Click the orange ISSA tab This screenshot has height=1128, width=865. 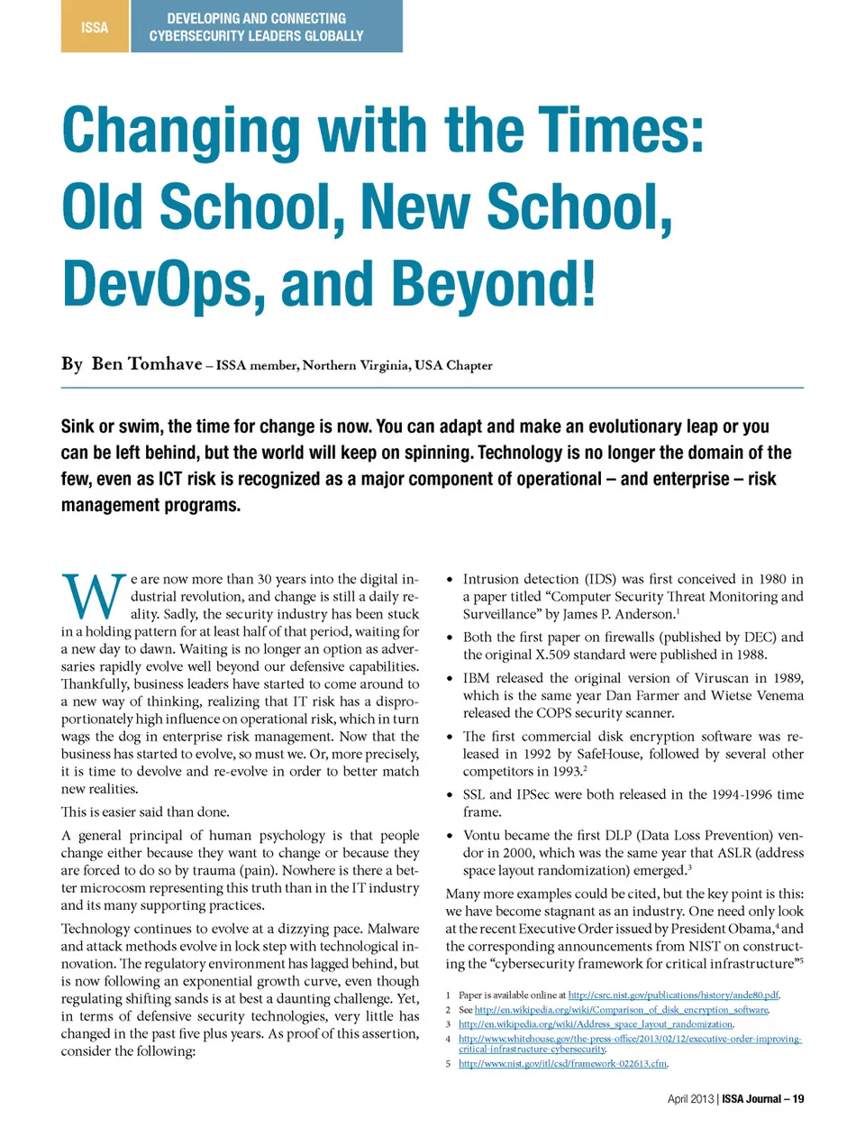(x=95, y=27)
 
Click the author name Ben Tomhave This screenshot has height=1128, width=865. (x=147, y=364)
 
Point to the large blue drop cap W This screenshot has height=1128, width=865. (x=93, y=598)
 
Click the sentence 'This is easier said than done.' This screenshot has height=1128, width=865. (x=145, y=812)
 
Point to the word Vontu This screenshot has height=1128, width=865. (x=483, y=835)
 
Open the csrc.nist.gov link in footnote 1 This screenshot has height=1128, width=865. (x=673, y=995)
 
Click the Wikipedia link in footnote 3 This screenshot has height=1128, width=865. (x=596, y=1024)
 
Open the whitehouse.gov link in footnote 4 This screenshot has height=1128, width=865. (x=630, y=1039)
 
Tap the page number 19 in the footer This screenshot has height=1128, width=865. (x=797, y=1099)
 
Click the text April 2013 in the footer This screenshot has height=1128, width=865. (x=690, y=1099)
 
